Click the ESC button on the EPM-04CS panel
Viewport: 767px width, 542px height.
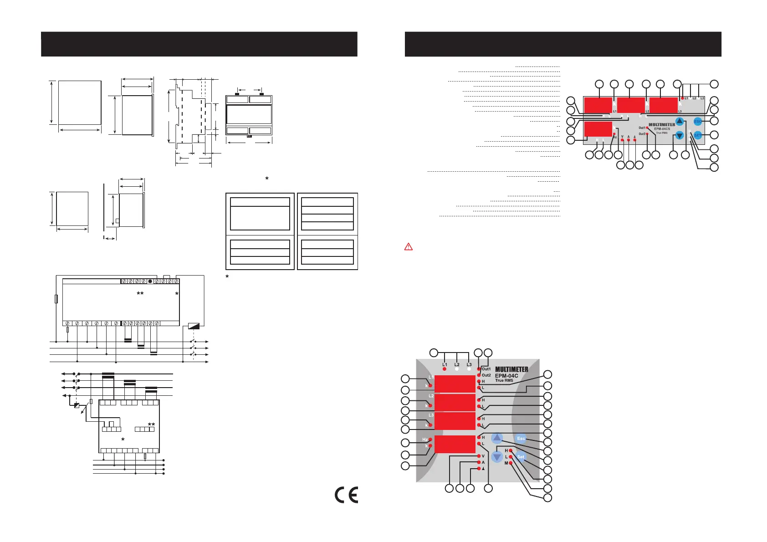[698, 122]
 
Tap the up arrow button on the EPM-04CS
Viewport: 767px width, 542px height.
[680, 121]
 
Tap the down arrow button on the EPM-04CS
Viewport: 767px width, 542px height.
[680, 135]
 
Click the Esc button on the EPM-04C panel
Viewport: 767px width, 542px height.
[521, 439]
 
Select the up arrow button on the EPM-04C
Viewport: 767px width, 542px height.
[497, 438]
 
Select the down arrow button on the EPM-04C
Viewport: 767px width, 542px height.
[497, 457]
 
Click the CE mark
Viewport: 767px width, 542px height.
[346, 495]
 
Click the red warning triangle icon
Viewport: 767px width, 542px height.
[409, 247]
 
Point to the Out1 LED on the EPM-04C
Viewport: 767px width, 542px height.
[479, 369]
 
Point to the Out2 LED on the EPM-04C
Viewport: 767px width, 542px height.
[479, 375]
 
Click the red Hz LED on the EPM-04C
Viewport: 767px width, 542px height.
[430, 440]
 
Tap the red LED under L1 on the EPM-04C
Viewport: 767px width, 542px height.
[445, 369]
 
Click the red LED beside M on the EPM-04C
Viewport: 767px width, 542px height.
[511, 463]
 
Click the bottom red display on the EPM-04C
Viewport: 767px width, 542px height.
[455, 444]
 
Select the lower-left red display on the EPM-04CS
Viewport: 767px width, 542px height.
[598, 129]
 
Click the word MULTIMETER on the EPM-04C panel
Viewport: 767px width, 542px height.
[511, 369]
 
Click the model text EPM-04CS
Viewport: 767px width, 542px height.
[662, 129]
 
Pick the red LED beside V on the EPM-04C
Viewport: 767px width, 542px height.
[479, 456]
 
